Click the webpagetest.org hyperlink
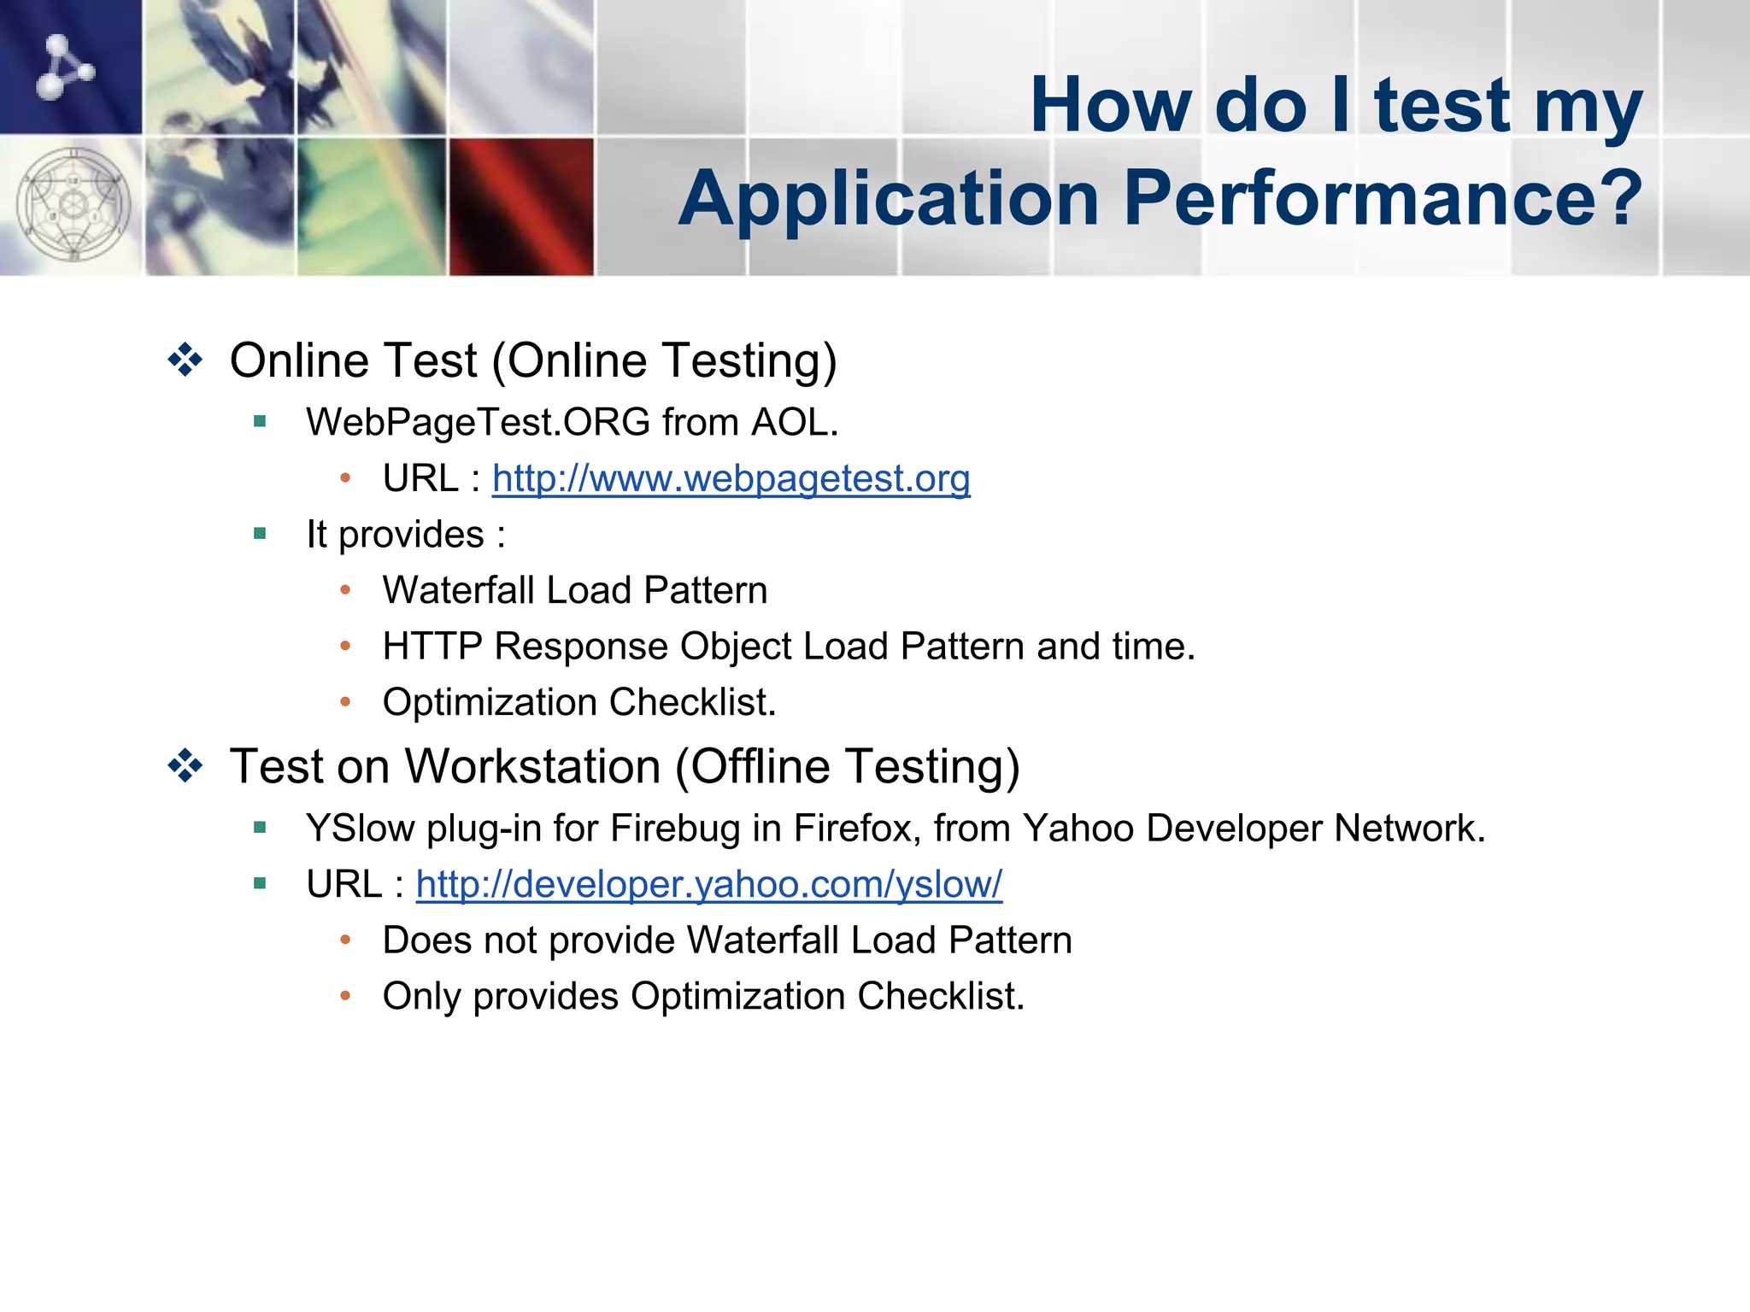(x=731, y=479)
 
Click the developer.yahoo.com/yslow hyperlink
(x=708, y=885)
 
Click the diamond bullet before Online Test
(x=185, y=360)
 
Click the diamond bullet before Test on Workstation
(x=185, y=766)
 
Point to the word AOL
(x=794, y=423)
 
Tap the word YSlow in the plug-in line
(x=360, y=829)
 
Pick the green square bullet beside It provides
(x=261, y=535)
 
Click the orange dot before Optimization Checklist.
(x=345, y=702)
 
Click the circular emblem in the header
(x=73, y=205)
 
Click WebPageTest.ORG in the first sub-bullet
(x=479, y=423)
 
